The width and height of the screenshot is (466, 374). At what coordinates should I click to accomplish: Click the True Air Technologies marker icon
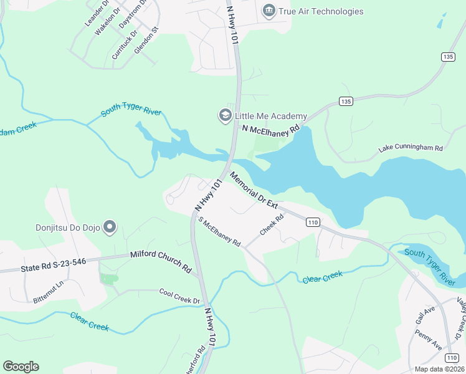(269, 11)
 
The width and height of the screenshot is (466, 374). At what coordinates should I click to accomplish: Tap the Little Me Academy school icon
(224, 116)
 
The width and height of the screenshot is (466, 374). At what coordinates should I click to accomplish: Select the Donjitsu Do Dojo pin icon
(110, 227)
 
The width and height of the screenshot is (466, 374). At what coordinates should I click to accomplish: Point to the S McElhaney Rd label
(219, 232)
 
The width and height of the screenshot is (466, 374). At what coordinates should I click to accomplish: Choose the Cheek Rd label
(272, 225)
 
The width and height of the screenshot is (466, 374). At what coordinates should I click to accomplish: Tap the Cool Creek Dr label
(179, 296)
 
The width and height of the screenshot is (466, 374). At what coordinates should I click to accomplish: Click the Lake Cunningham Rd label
(411, 149)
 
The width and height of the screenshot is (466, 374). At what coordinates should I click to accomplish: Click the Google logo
(21, 367)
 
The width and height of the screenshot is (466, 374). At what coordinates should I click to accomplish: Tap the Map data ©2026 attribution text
(439, 369)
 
